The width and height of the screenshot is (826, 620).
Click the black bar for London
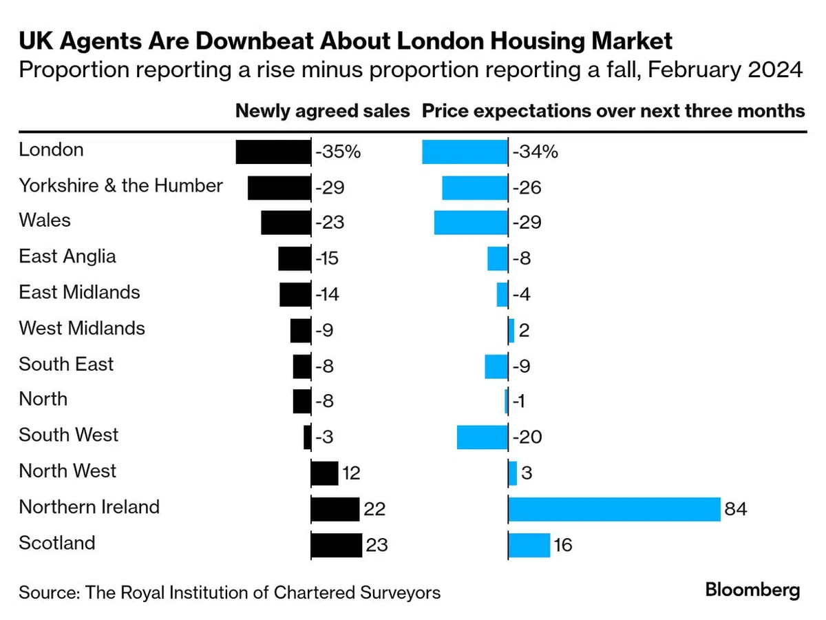pyautogui.click(x=273, y=152)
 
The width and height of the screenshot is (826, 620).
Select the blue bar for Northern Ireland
pyautogui.click(x=614, y=509)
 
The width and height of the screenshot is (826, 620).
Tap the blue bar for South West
pyautogui.click(x=483, y=437)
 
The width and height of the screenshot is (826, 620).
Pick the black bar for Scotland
pyautogui.click(x=337, y=545)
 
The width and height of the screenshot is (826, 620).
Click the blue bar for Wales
pyautogui.click(x=471, y=223)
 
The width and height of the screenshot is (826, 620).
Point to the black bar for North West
pyautogui.click(x=324, y=473)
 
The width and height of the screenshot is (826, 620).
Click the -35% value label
pyautogui.click(x=338, y=152)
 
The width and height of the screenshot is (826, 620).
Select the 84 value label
pyautogui.click(x=736, y=509)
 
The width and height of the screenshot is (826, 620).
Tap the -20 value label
pyautogui.click(x=527, y=437)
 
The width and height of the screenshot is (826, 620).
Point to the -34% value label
pyautogui.click(x=535, y=152)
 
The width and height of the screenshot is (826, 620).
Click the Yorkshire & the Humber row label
pyautogui.click(x=120, y=185)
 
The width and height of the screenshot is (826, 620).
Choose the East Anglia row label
pyautogui.click(x=67, y=257)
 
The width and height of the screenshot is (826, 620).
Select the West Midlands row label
pyautogui.click(x=82, y=329)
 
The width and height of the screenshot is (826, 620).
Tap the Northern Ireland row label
pyautogui.click(x=89, y=507)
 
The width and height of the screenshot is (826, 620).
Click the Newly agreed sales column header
pyautogui.click(x=323, y=112)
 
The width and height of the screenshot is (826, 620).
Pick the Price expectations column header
pyautogui.click(x=613, y=112)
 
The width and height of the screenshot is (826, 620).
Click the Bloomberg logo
pyautogui.click(x=752, y=590)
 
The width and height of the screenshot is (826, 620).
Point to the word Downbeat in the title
pyautogui.click(x=255, y=41)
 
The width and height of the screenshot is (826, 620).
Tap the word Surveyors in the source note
pyautogui.click(x=400, y=592)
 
